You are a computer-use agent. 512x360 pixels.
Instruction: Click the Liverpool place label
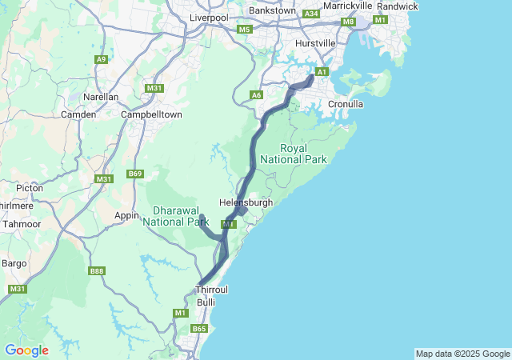(x=209, y=17)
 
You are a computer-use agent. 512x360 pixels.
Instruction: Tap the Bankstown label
(x=272, y=11)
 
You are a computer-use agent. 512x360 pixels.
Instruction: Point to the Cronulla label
(x=346, y=104)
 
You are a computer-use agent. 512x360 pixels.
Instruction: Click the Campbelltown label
(x=151, y=114)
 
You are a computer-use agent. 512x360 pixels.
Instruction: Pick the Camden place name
(x=78, y=114)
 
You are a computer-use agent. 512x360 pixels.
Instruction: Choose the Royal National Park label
(x=304, y=154)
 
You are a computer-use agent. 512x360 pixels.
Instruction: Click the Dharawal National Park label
(x=175, y=216)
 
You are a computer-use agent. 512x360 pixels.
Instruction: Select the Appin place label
(x=127, y=215)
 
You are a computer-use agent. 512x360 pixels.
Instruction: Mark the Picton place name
(x=29, y=188)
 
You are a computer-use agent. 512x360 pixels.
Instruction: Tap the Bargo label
(x=14, y=262)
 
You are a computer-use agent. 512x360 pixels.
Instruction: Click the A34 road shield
(x=311, y=14)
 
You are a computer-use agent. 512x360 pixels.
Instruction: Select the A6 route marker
(x=256, y=95)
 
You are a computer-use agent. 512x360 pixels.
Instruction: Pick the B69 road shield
(x=134, y=174)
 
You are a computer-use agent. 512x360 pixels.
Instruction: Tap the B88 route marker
(x=97, y=271)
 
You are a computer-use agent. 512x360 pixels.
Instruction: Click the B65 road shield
(x=199, y=329)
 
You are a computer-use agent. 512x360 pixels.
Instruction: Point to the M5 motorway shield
(x=244, y=30)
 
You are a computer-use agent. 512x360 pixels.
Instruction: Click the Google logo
(x=26, y=350)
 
